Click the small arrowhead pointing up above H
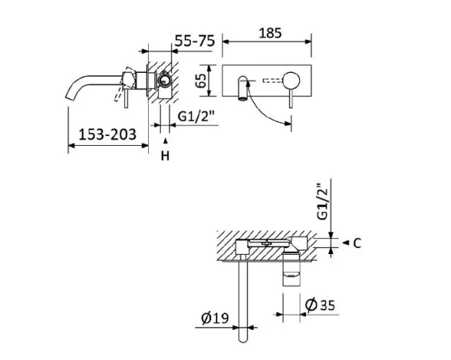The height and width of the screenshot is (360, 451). (x=166, y=140)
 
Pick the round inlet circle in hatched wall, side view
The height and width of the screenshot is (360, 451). (x=162, y=82)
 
